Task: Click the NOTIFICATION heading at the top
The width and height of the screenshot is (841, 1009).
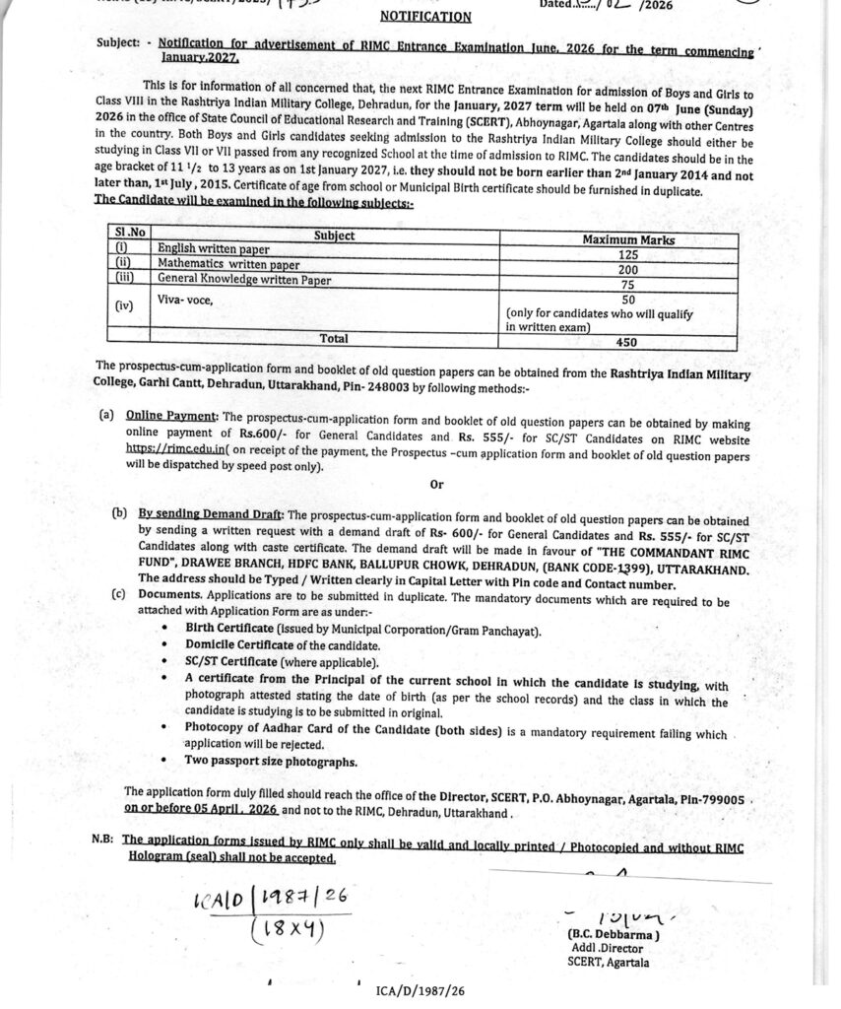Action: pos(425,17)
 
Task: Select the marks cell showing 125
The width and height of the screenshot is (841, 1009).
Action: pos(628,253)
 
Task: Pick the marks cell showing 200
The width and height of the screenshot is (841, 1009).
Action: pos(628,267)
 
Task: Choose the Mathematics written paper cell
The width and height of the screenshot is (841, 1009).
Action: pos(229,266)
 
